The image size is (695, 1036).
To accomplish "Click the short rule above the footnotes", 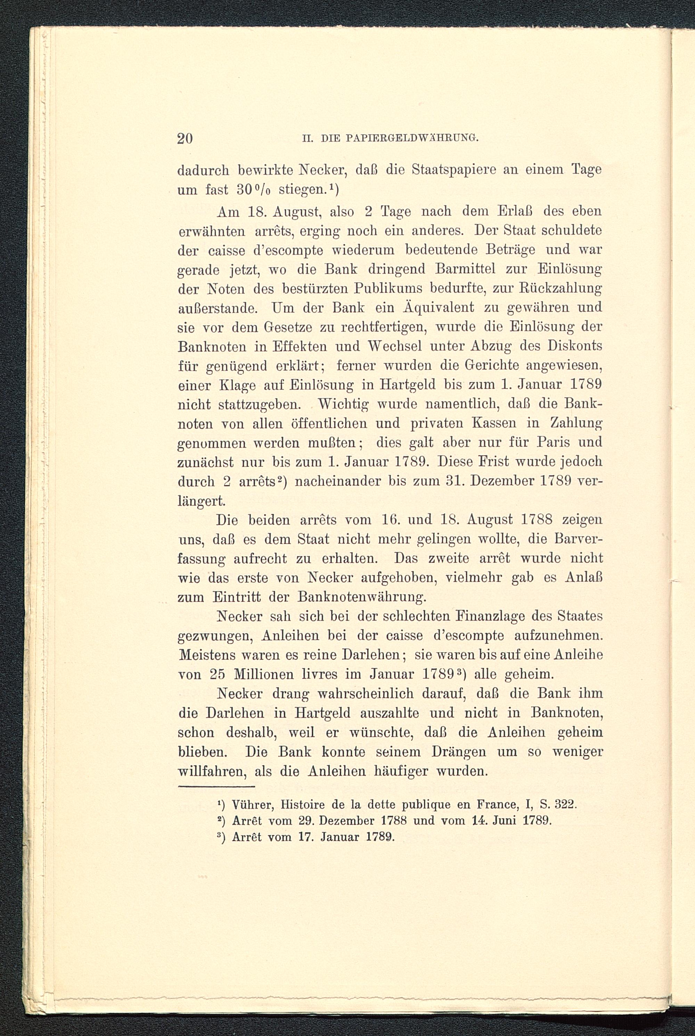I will (216, 787).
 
